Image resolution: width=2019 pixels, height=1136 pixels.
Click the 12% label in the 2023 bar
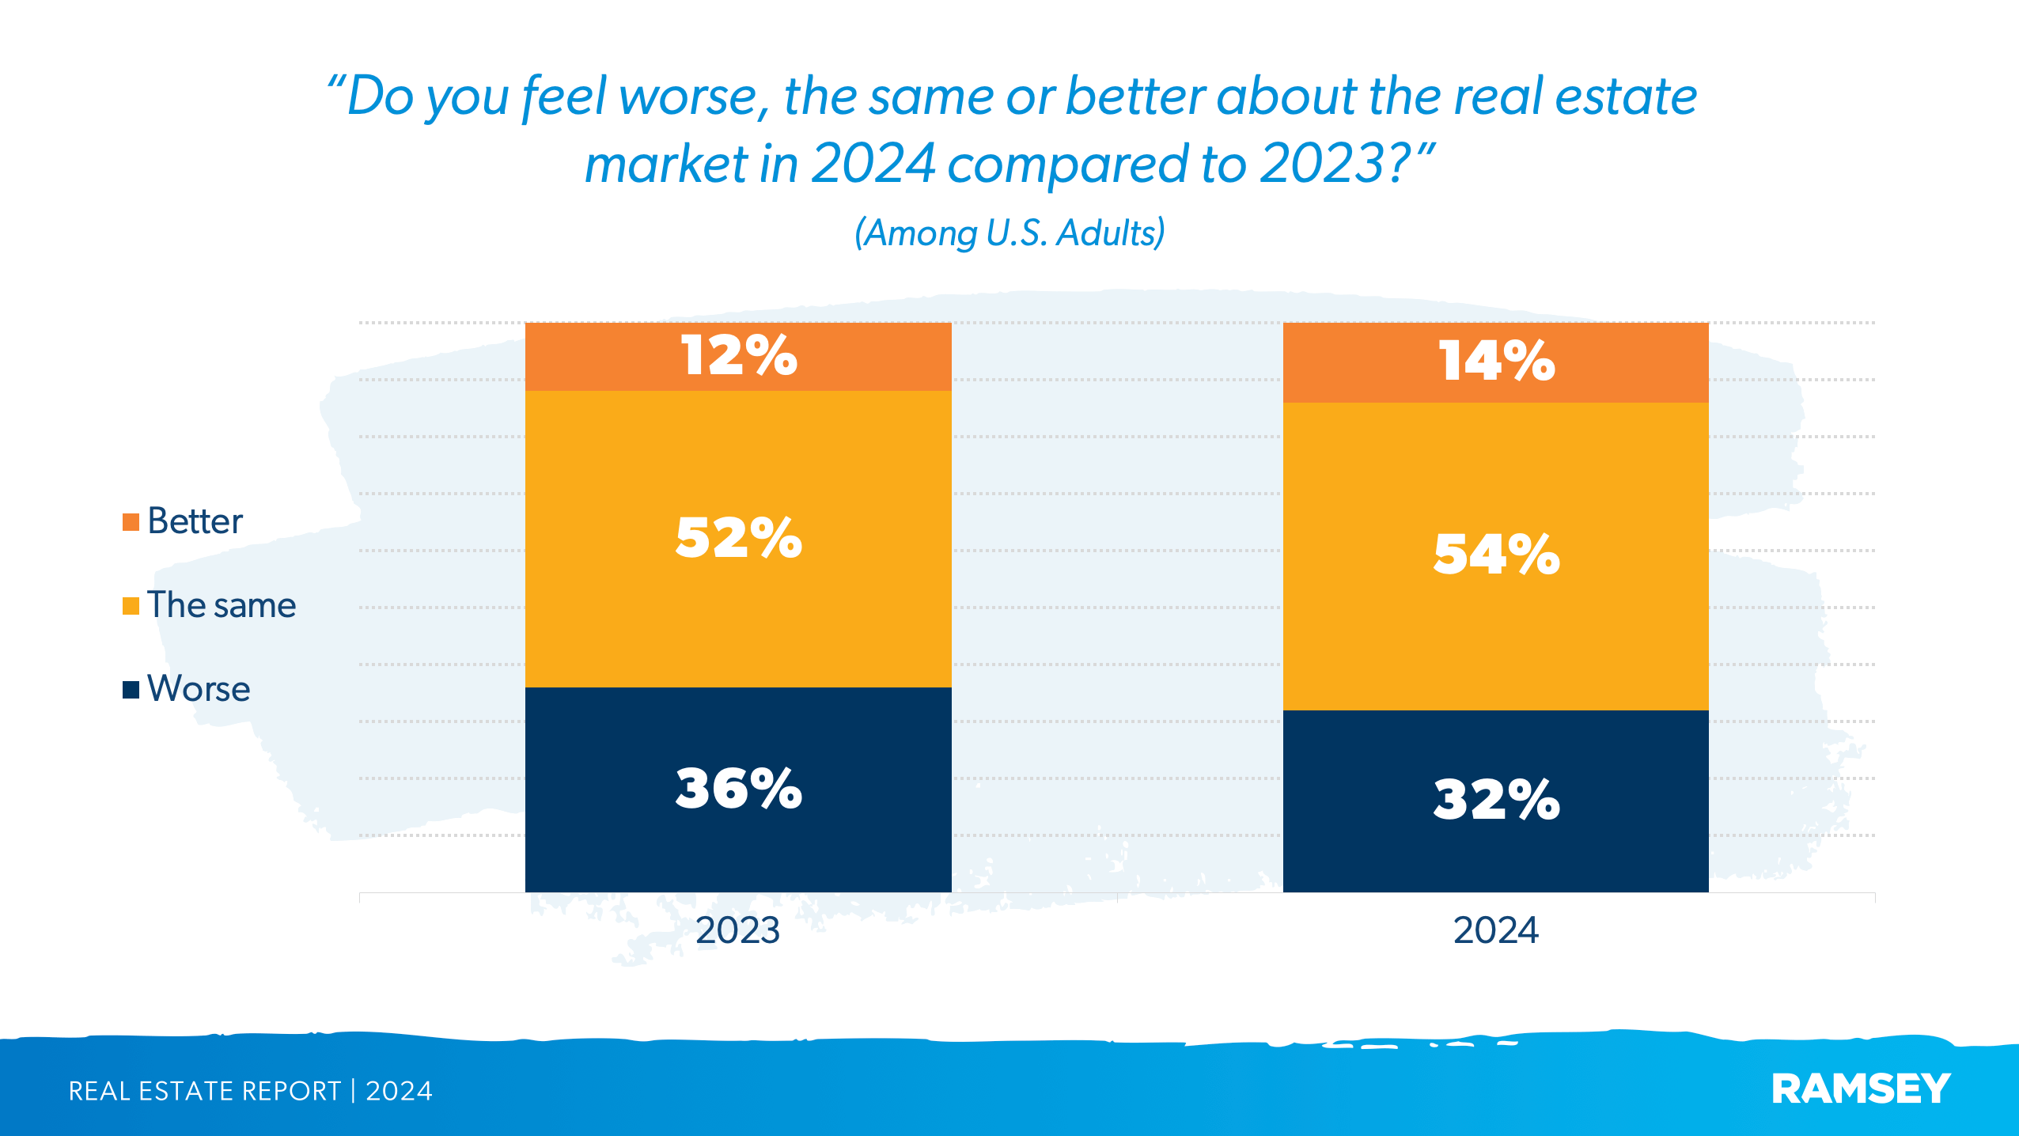click(x=739, y=355)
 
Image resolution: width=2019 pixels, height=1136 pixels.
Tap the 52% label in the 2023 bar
click(x=739, y=538)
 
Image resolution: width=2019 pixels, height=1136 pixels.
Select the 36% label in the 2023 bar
click(x=739, y=788)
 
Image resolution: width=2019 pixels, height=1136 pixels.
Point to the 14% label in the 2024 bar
click(x=1496, y=361)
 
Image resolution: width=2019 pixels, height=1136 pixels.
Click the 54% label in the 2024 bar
click(x=1496, y=554)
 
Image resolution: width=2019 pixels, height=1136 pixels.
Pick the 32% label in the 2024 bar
click(x=1496, y=799)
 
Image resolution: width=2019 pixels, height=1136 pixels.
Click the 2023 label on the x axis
click(x=737, y=930)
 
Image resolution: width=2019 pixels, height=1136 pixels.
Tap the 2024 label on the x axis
click(x=1495, y=930)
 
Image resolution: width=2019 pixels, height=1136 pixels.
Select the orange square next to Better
click(x=131, y=522)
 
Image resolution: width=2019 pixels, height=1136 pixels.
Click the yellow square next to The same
click(x=131, y=606)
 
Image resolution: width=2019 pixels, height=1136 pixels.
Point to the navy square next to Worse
click(x=131, y=690)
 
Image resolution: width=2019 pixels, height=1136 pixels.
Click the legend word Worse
click(x=199, y=689)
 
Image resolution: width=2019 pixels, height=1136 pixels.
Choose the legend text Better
click(x=195, y=521)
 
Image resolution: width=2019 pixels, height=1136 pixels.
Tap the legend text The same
click(x=222, y=605)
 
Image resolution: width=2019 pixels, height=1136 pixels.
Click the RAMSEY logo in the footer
click(x=1860, y=1089)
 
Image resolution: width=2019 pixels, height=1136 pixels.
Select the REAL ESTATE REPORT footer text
click(x=204, y=1091)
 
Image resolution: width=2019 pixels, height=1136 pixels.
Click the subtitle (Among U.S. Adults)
click(x=1009, y=233)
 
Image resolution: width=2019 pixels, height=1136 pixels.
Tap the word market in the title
click(x=666, y=164)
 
